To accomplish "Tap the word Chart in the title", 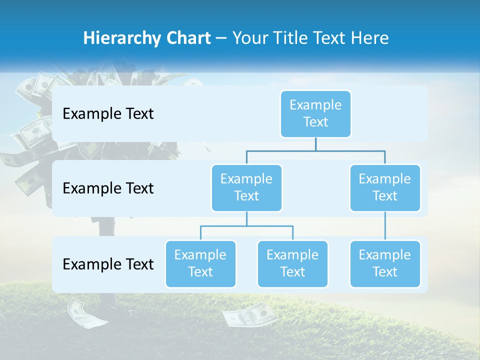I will [187, 38].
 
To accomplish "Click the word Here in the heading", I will [368, 38].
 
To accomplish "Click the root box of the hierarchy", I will [315, 113].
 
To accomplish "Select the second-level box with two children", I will [246, 187].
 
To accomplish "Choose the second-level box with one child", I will [385, 187].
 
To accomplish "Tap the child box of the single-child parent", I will [385, 263].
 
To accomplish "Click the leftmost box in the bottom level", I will [200, 263].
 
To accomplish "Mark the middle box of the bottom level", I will [292, 263].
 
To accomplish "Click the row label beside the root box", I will [108, 114].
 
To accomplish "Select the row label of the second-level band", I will [108, 188].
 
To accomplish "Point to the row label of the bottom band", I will [108, 264].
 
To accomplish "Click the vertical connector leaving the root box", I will [315, 144].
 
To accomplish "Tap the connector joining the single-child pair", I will [385, 226].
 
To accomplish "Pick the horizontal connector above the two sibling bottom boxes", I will [246, 226].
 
